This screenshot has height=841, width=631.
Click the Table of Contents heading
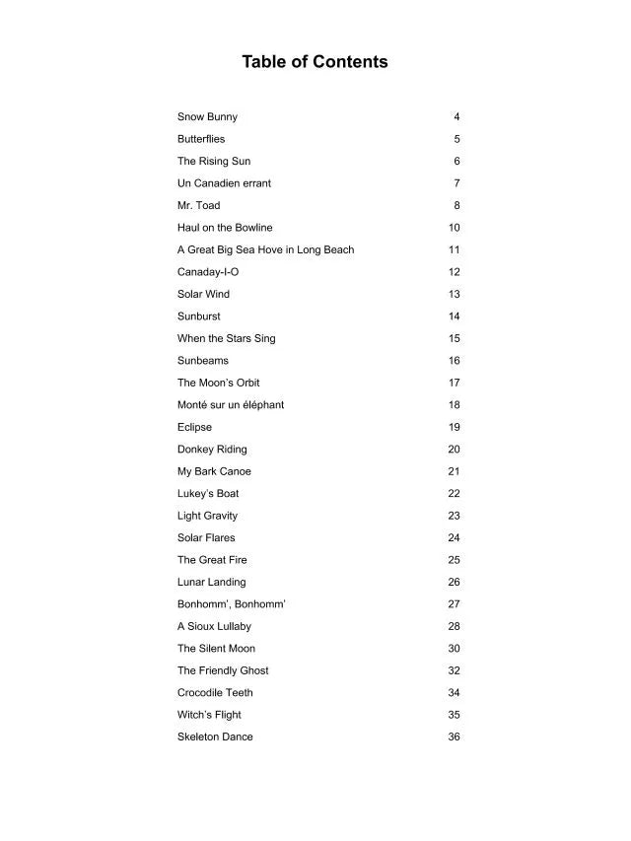[315, 62]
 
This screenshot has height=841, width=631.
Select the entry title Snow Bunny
[207, 117]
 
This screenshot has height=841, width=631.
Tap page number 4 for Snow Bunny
[456, 117]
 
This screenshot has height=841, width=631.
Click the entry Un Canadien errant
[224, 183]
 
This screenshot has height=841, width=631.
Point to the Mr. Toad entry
[198, 206]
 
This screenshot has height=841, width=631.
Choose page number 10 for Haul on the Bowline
[454, 228]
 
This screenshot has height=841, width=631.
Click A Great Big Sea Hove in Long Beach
[265, 250]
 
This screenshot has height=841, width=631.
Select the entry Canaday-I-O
[208, 272]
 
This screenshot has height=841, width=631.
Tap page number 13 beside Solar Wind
[454, 295]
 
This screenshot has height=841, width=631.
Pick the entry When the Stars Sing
[226, 339]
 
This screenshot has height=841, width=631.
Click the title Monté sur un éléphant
[231, 405]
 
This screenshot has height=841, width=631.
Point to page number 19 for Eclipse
[454, 428]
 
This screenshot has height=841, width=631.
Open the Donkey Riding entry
[212, 450]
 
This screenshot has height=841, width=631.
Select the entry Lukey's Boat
[208, 494]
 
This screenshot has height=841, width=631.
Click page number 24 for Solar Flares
[454, 538]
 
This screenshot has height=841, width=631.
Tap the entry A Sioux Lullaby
[214, 627]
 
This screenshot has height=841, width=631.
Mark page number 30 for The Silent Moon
[454, 649]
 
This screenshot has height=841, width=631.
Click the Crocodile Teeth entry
[215, 693]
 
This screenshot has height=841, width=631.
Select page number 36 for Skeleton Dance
[454, 737]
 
